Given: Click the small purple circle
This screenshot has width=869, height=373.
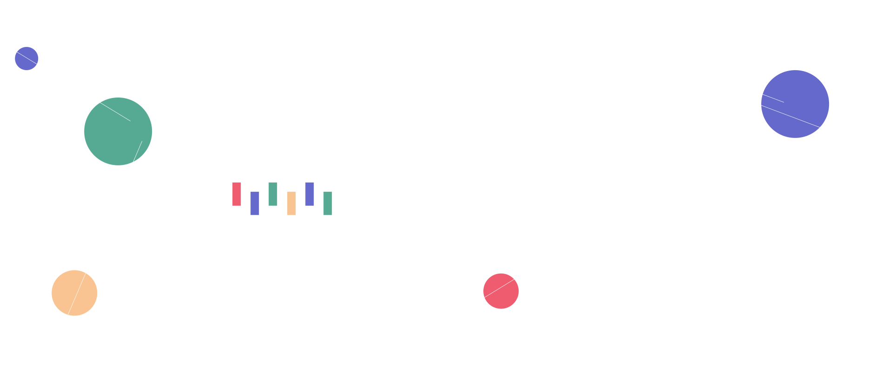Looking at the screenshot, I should click(x=26, y=59).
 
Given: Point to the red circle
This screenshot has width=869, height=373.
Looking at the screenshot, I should click(x=501, y=291).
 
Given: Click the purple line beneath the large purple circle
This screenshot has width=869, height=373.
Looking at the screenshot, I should click(x=795, y=137).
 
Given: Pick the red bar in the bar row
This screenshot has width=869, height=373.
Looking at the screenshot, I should click(x=237, y=194).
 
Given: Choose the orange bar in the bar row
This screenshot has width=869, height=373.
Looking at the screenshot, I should click(x=291, y=203).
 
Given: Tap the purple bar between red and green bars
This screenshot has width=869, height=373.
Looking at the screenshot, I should click(x=255, y=203).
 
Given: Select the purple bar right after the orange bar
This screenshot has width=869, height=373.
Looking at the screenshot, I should click(x=309, y=194).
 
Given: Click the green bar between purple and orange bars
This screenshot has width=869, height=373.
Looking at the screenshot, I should click(x=273, y=194).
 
